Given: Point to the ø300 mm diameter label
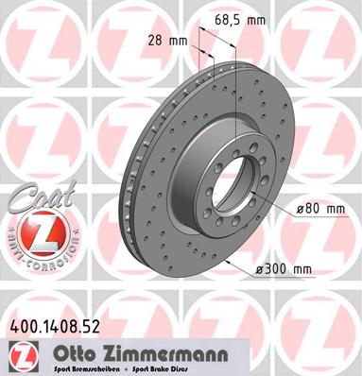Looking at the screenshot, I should pos(284,270).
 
